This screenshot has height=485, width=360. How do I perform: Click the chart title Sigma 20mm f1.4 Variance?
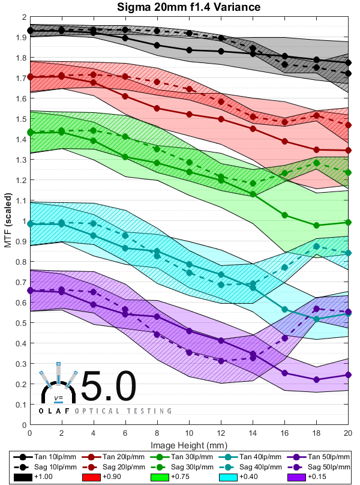pos(189,7)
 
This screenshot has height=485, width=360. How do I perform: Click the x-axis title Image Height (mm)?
pos(189,444)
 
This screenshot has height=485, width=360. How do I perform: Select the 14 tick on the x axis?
pos(253,432)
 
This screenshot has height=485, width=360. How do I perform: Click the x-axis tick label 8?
pos(157,432)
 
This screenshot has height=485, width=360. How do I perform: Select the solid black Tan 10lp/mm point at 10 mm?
pos(189,50)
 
